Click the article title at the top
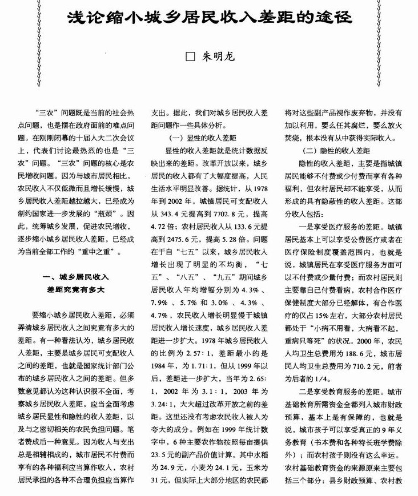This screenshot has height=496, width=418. click(x=209, y=17)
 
